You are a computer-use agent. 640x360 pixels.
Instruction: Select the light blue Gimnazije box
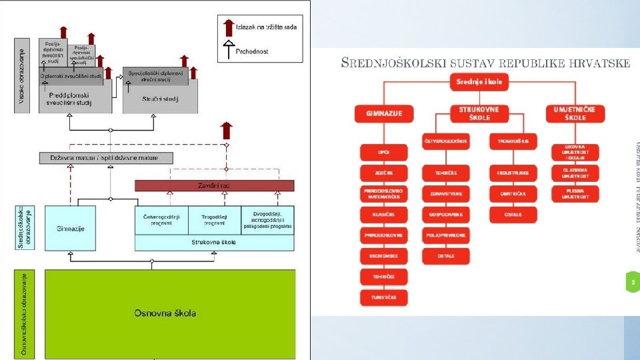pyautogui.click(x=70, y=228)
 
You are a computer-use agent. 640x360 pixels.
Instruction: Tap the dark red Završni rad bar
pyautogui.click(x=214, y=185)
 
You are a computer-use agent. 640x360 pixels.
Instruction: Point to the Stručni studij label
pyautogui.click(x=160, y=99)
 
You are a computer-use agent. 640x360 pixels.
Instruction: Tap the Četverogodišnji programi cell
pyautogui.click(x=161, y=219)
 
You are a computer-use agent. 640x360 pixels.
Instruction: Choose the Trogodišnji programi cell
pyautogui.click(x=215, y=219)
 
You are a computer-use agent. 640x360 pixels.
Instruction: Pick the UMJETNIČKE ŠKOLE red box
pyautogui.click(x=575, y=113)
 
